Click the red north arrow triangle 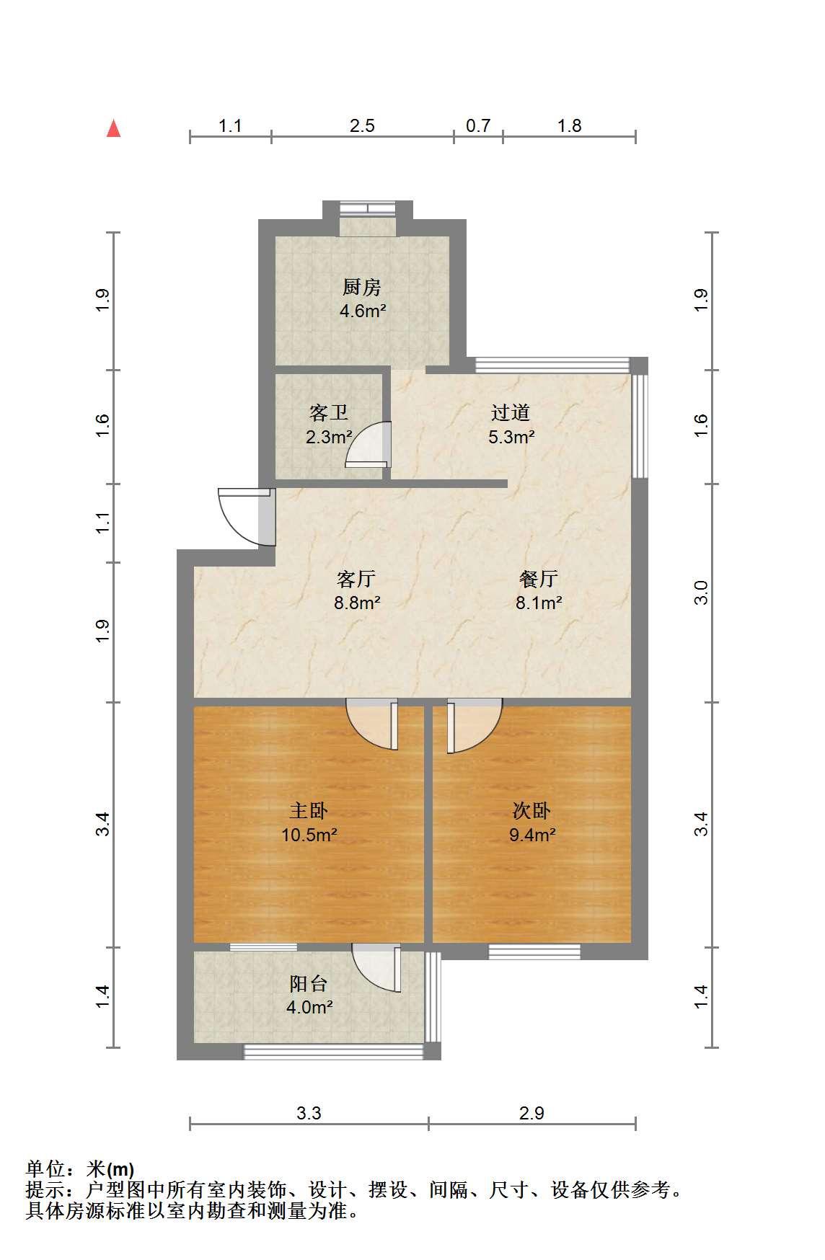click(x=114, y=128)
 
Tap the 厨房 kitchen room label click(x=361, y=288)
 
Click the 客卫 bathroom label click(x=329, y=412)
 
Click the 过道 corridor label click(x=511, y=412)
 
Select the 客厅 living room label click(x=356, y=579)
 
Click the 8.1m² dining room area click(x=539, y=603)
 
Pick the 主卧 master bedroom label click(x=309, y=811)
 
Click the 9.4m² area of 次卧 click(x=531, y=835)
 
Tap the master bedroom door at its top click(x=372, y=724)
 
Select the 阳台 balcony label click(x=309, y=983)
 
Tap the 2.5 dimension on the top click(x=362, y=126)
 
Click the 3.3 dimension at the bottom click(x=309, y=1114)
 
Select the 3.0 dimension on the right click(x=701, y=593)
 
